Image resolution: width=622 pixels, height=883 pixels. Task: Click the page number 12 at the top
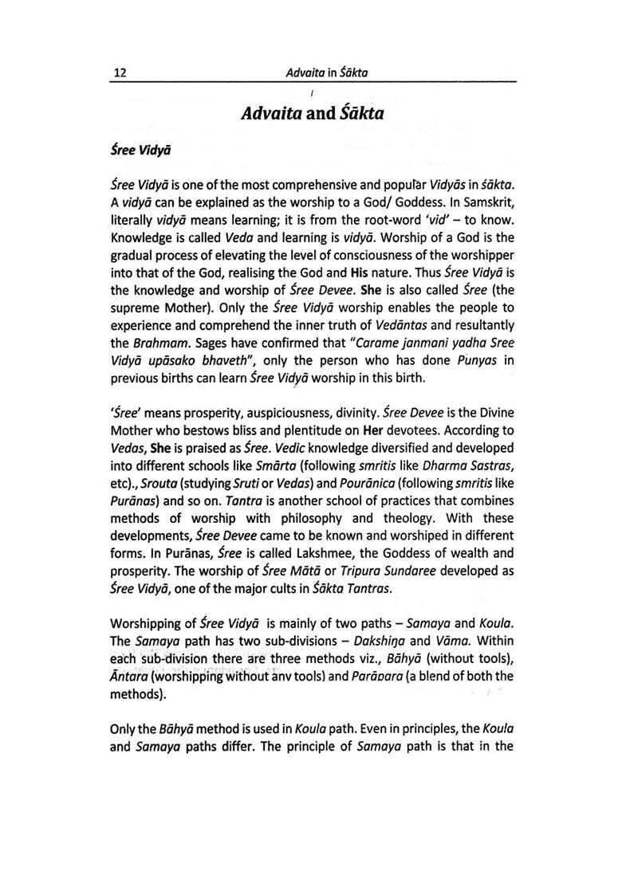click(x=121, y=73)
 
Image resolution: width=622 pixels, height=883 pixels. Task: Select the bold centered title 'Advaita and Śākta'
click(x=313, y=114)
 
